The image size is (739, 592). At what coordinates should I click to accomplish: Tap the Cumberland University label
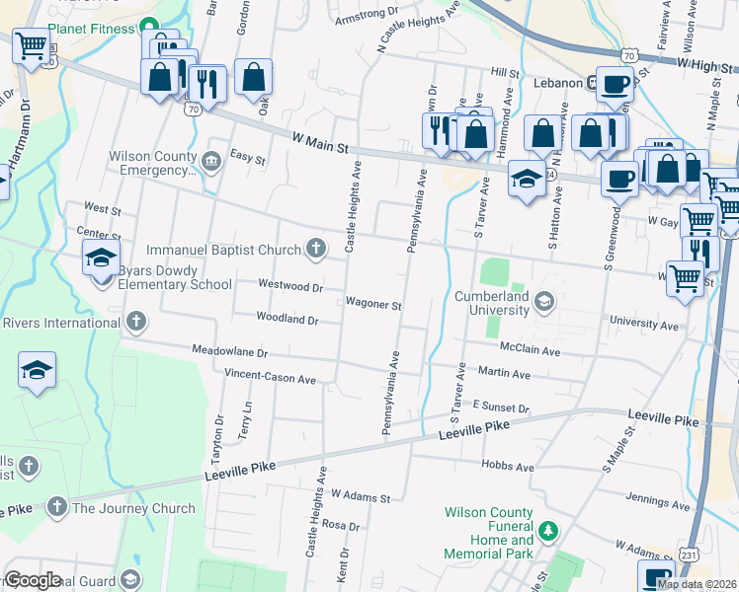[x=492, y=303]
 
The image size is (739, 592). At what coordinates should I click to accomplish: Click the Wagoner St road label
[x=373, y=305]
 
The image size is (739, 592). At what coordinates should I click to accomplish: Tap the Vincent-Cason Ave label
[x=270, y=377]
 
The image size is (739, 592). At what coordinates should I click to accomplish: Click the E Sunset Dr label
[x=501, y=407]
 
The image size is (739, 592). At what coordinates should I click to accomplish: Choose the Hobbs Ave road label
[x=508, y=466]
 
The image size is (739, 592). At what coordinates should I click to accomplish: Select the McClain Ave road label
[x=530, y=350]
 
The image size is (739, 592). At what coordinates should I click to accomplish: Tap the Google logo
[x=33, y=581]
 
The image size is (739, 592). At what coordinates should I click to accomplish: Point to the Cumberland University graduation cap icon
[x=544, y=300]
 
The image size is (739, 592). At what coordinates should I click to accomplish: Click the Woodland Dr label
[x=287, y=320]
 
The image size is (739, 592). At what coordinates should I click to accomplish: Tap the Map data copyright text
[x=697, y=584]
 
